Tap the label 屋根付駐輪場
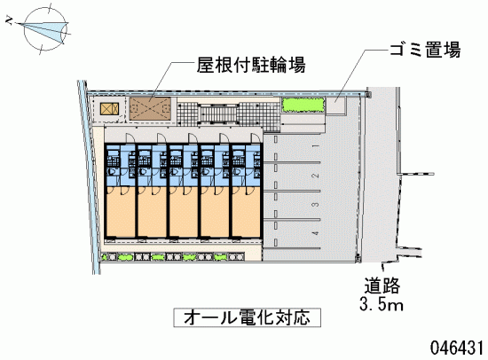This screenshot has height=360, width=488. coord(251,65)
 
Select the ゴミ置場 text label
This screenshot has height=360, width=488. coord(425,49)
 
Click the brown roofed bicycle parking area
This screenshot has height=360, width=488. coord(150,108)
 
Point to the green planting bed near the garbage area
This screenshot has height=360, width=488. coord(303,105)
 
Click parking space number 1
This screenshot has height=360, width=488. coord(316,146)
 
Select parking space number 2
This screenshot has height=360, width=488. coord(316,176)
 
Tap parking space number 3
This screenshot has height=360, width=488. coord(316,205)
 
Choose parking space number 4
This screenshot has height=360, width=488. coord(316,233)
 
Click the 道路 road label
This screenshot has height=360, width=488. coord(382,286)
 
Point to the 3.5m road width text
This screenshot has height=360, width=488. coord(382,304)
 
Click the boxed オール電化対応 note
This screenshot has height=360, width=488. coord(248,317)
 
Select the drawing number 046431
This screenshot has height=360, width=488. coord(457,347)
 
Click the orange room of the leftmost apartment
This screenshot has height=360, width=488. coord(121,212)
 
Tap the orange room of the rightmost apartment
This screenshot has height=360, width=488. coord(246,212)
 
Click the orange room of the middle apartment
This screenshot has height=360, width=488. coord(184,212)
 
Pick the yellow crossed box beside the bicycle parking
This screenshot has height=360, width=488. coord(109,109)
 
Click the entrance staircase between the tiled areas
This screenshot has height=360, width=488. coord(218,114)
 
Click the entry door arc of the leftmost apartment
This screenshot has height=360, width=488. coord(130,137)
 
